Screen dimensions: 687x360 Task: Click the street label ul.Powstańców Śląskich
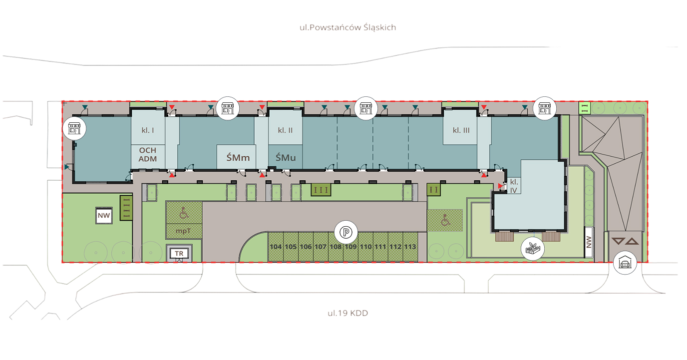tap(347, 27)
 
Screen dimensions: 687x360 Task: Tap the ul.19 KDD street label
tap(347, 313)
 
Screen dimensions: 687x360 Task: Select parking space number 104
tap(276, 247)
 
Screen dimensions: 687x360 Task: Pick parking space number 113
tap(410, 247)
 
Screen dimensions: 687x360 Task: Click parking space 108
tap(336, 247)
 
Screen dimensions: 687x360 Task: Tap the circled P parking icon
tap(346, 232)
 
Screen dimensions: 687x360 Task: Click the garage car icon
tap(625, 263)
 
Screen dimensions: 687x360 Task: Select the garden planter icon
tap(533, 249)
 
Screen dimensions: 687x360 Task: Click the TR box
tap(179, 254)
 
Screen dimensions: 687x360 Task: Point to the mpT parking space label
tap(183, 231)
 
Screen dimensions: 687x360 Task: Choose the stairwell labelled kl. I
tap(148, 130)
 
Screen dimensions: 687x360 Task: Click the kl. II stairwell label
tap(285, 130)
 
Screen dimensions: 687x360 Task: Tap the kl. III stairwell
tap(461, 130)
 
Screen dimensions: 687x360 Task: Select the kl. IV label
tap(514, 186)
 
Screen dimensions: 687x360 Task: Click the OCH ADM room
tap(148, 155)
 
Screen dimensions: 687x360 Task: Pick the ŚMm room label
tap(238, 158)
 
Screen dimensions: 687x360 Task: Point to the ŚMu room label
tap(286, 158)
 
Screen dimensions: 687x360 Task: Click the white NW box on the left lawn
tap(104, 216)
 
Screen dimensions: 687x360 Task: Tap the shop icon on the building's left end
tap(74, 128)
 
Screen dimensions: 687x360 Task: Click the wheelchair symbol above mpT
tap(184, 213)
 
